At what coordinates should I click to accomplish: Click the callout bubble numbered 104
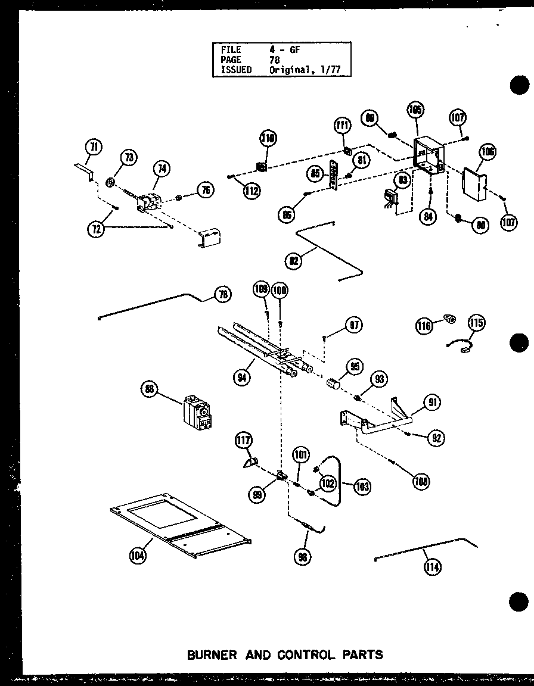click(x=138, y=556)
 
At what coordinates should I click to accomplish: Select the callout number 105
click(x=415, y=111)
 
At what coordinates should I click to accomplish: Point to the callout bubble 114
click(x=432, y=567)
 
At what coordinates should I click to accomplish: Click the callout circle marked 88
click(x=150, y=390)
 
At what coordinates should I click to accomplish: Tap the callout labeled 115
click(x=476, y=323)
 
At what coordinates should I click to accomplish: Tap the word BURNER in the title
click(x=212, y=654)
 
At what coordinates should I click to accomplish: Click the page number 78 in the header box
click(x=274, y=60)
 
